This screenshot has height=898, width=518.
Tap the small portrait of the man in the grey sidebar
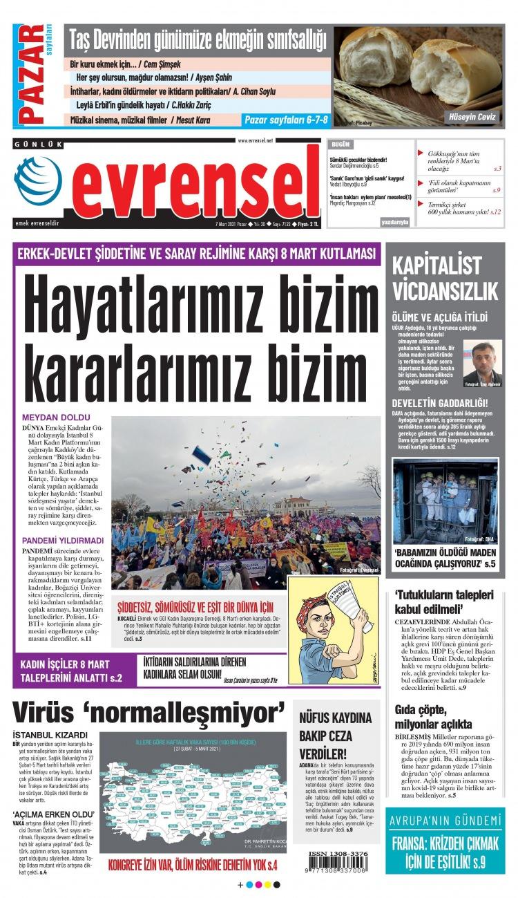pos(482,363)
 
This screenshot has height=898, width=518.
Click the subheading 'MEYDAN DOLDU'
pos(57,418)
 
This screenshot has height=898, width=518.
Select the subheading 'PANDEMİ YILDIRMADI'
pos(63,540)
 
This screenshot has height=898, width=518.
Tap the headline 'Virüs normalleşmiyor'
pos(149,710)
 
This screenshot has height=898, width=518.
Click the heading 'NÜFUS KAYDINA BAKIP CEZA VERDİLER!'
pos(336,735)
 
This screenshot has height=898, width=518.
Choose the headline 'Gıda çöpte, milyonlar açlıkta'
pos(434,716)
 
